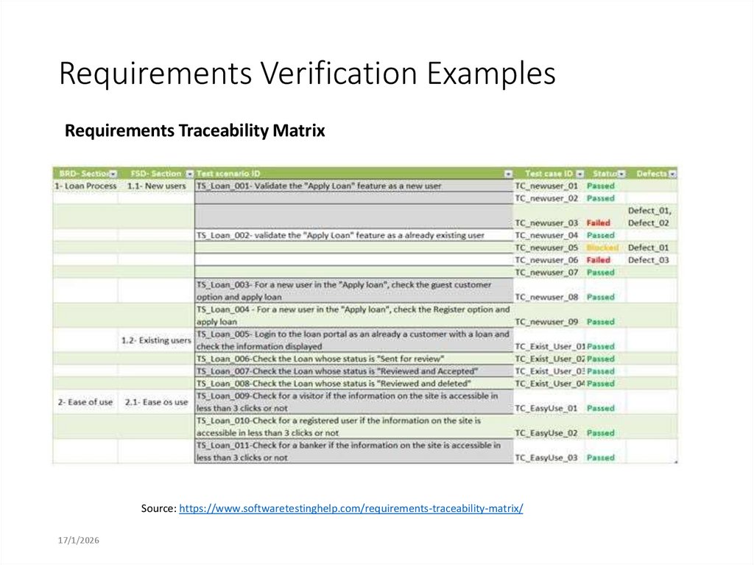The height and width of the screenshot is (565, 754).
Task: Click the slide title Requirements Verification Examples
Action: pyautogui.click(x=307, y=74)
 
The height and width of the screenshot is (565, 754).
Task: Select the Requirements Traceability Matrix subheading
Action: pyautogui.click(x=195, y=131)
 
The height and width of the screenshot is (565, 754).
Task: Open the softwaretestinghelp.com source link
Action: pyautogui.click(x=351, y=508)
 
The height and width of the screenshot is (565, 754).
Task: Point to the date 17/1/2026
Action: pyautogui.click(x=79, y=541)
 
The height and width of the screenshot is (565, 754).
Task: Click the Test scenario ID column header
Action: pyautogui.click(x=228, y=174)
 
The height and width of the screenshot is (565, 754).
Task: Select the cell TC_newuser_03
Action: pyautogui.click(x=546, y=222)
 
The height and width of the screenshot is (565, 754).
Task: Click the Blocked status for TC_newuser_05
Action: pyautogui.click(x=602, y=248)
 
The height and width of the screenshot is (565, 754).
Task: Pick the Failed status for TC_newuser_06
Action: pyautogui.click(x=599, y=260)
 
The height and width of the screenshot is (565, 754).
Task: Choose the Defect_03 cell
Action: pyautogui.click(x=648, y=260)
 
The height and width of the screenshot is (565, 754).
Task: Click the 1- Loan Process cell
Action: pyautogui.click(x=85, y=186)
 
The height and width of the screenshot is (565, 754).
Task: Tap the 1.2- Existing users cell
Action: pyautogui.click(x=155, y=340)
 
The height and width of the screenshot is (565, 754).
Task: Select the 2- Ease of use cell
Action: pyautogui.click(x=85, y=402)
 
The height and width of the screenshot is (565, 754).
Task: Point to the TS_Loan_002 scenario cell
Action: pyautogui.click(x=340, y=235)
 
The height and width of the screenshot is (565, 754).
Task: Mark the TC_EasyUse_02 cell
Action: pyautogui.click(x=546, y=433)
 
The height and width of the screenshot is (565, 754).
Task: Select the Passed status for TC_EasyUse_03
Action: pyautogui.click(x=601, y=457)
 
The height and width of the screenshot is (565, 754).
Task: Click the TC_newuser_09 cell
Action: pyautogui.click(x=546, y=322)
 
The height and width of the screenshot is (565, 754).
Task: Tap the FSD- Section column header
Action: pyautogui.click(x=155, y=174)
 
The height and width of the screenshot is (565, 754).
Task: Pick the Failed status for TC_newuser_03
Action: pyautogui.click(x=599, y=222)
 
